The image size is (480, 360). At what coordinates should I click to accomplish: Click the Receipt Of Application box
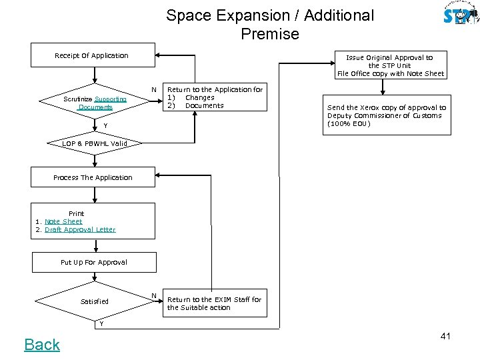(x=92, y=56)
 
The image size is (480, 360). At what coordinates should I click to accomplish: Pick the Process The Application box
(x=93, y=177)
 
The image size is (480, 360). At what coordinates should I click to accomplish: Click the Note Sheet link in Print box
(x=63, y=221)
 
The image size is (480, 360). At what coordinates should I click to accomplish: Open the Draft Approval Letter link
(x=80, y=229)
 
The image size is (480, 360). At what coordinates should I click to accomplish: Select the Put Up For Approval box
(x=93, y=262)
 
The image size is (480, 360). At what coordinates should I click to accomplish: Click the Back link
(x=42, y=344)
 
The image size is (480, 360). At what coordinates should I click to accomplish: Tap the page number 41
(x=445, y=336)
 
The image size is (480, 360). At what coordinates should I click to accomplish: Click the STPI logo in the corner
(x=460, y=15)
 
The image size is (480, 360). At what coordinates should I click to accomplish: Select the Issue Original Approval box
(x=391, y=65)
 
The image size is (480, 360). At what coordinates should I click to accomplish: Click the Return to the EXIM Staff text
(x=214, y=303)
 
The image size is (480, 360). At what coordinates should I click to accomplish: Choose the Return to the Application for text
(x=215, y=97)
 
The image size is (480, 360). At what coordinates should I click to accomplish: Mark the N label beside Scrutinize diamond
(x=154, y=90)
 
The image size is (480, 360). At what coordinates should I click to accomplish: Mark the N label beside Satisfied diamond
(x=154, y=295)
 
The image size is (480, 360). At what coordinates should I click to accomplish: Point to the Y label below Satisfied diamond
(x=101, y=324)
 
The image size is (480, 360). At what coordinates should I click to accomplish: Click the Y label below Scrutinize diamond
(x=95, y=125)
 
